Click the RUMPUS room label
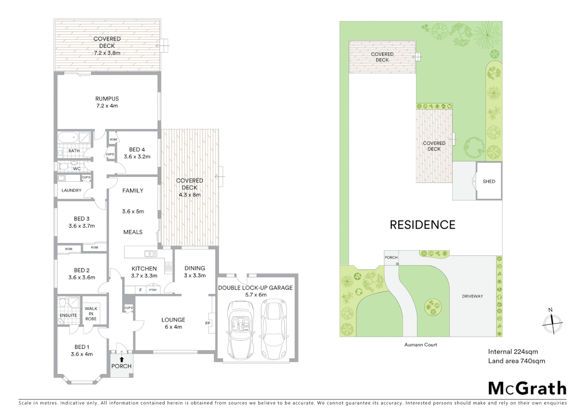[x=107, y=99]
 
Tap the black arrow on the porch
[x=122, y=359]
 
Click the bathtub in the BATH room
[x=67, y=138]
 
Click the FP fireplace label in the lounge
[x=208, y=323]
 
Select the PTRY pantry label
[x=153, y=290]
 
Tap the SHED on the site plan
[x=489, y=181]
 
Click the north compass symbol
[x=552, y=322]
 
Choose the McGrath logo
[x=527, y=388]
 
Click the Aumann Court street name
[x=421, y=345]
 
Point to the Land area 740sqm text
[x=516, y=361]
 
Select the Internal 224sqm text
[x=513, y=352]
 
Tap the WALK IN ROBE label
[x=91, y=314]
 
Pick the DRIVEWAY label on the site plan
[x=472, y=296]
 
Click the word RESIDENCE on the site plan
[x=422, y=225]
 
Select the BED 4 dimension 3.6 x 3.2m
[x=137, y=156]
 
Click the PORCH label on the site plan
[x=391, y=257]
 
